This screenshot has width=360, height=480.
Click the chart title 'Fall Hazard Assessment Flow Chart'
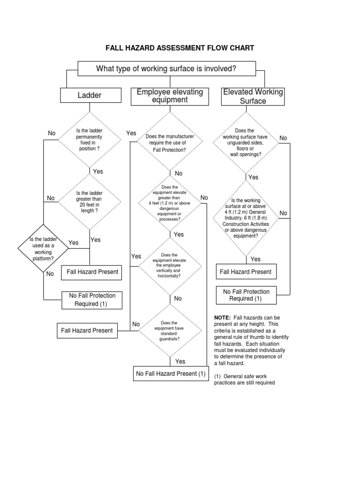(180, 48)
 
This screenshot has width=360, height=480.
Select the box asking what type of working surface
(166, 69)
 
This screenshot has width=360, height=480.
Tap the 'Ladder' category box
(89, 96)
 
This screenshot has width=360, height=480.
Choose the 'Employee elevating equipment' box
(170, 96)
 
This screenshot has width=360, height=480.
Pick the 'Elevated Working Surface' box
(253, 97)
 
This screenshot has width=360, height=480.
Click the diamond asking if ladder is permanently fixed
(89, 139)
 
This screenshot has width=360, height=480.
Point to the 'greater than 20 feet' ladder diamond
(89, 202)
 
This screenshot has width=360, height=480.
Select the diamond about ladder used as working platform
(43, 248)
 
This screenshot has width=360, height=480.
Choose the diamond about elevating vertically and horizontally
(170, 266)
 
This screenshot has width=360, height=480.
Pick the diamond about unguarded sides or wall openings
(245, 142)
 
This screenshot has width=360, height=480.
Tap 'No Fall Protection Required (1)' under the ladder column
(92, 300)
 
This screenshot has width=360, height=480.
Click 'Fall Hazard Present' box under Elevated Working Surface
(246, 271)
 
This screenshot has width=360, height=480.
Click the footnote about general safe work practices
(244, 379)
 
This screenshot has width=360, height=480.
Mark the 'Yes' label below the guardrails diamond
(180, 361)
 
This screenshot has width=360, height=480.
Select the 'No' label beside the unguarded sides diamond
(283, 138)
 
